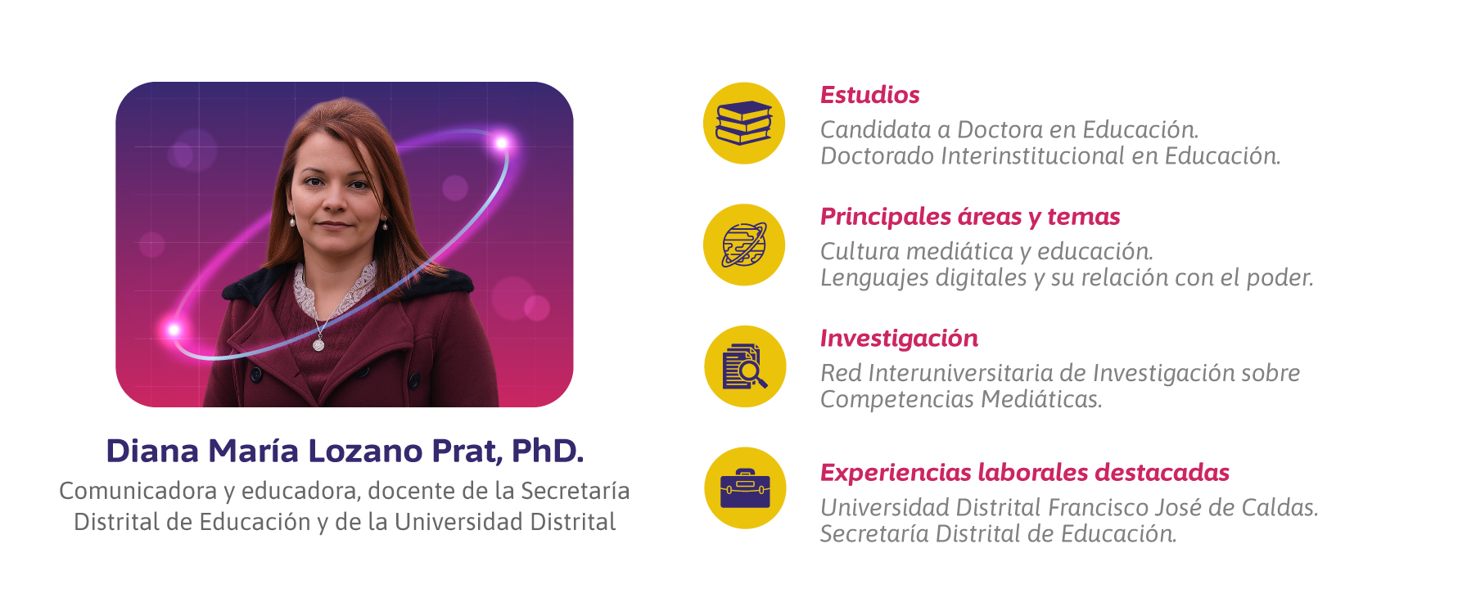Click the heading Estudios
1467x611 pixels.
click(869, 95)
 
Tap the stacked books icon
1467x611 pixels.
click(744, 124)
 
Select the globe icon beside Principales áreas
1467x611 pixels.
click(744, 245)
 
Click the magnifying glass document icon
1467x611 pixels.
click(745, 366)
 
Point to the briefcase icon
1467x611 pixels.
click(745, 488)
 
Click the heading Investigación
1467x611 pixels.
click(899, 339)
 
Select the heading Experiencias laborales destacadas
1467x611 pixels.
click(1025, 473)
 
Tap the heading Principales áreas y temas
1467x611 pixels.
click(970, 217)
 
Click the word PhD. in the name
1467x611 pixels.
click(548, 451)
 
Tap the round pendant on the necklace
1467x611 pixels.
click(318, 345)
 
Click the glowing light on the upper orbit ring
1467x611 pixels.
click(501, 143)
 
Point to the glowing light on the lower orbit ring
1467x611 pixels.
click(174, 330)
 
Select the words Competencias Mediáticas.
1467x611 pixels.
click(961, 399)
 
